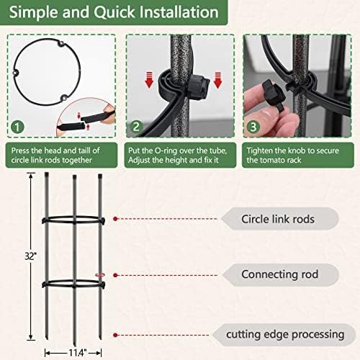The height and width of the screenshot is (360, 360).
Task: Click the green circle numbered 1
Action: (18, 127)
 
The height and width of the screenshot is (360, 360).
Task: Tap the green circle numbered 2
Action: (136, 127)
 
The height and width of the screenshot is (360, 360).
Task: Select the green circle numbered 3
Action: (253, 127)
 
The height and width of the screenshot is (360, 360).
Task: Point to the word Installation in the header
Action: (179, 12)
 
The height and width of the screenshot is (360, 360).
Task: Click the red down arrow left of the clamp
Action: (149, 80)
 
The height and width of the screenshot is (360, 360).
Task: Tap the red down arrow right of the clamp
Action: (217, 80)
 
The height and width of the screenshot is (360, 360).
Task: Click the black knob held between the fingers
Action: (274, 94)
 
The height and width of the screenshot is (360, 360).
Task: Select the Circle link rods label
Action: (278, 219)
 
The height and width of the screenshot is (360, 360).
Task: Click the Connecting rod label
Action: (280, 274)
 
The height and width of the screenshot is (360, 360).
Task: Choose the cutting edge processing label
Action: (285, 335)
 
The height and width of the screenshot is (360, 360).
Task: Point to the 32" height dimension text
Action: (31, 256)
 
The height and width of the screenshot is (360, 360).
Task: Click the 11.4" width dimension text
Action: (77, 353)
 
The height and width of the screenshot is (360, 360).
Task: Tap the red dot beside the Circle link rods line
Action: (115, 219)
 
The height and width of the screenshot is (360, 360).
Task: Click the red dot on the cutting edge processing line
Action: (115, 335)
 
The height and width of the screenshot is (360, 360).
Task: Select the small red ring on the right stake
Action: (100, 275)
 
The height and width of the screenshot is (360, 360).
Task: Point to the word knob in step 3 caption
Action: (297, 150)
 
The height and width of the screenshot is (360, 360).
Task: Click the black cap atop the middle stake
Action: (74, 177)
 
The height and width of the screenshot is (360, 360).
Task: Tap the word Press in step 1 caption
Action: (20, 150)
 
